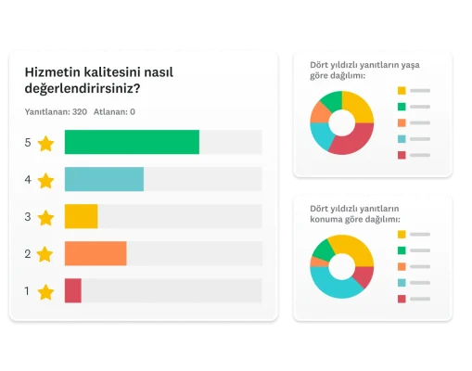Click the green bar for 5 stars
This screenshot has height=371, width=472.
point(132,142)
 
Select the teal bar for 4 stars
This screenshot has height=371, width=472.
point(104,179)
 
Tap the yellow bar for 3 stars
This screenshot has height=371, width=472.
point(81,216)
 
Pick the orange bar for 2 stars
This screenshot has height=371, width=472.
point(96,253)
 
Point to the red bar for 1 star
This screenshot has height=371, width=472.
point(73,290)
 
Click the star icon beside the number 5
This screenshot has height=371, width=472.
point(46,143)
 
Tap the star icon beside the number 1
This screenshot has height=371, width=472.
point(46,291)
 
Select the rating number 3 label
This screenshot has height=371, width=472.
point(28,217)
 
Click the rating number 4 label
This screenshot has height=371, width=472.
point(28,180)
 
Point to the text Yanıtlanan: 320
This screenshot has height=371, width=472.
point(56,112)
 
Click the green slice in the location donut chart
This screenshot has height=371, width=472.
point(324,248)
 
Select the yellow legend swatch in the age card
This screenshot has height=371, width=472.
point(402,91)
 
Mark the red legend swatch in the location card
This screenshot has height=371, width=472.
point(402,299)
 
